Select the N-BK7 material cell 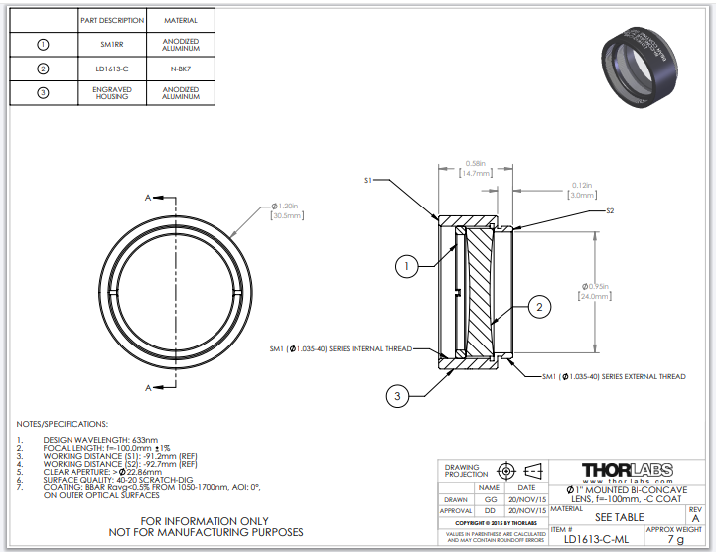pos(180,69)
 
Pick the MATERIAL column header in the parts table pos(180,20)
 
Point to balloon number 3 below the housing pos(397,396)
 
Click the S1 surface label pos(367,180)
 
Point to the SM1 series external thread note pos(614,376)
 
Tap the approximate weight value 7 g pos(675,540)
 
